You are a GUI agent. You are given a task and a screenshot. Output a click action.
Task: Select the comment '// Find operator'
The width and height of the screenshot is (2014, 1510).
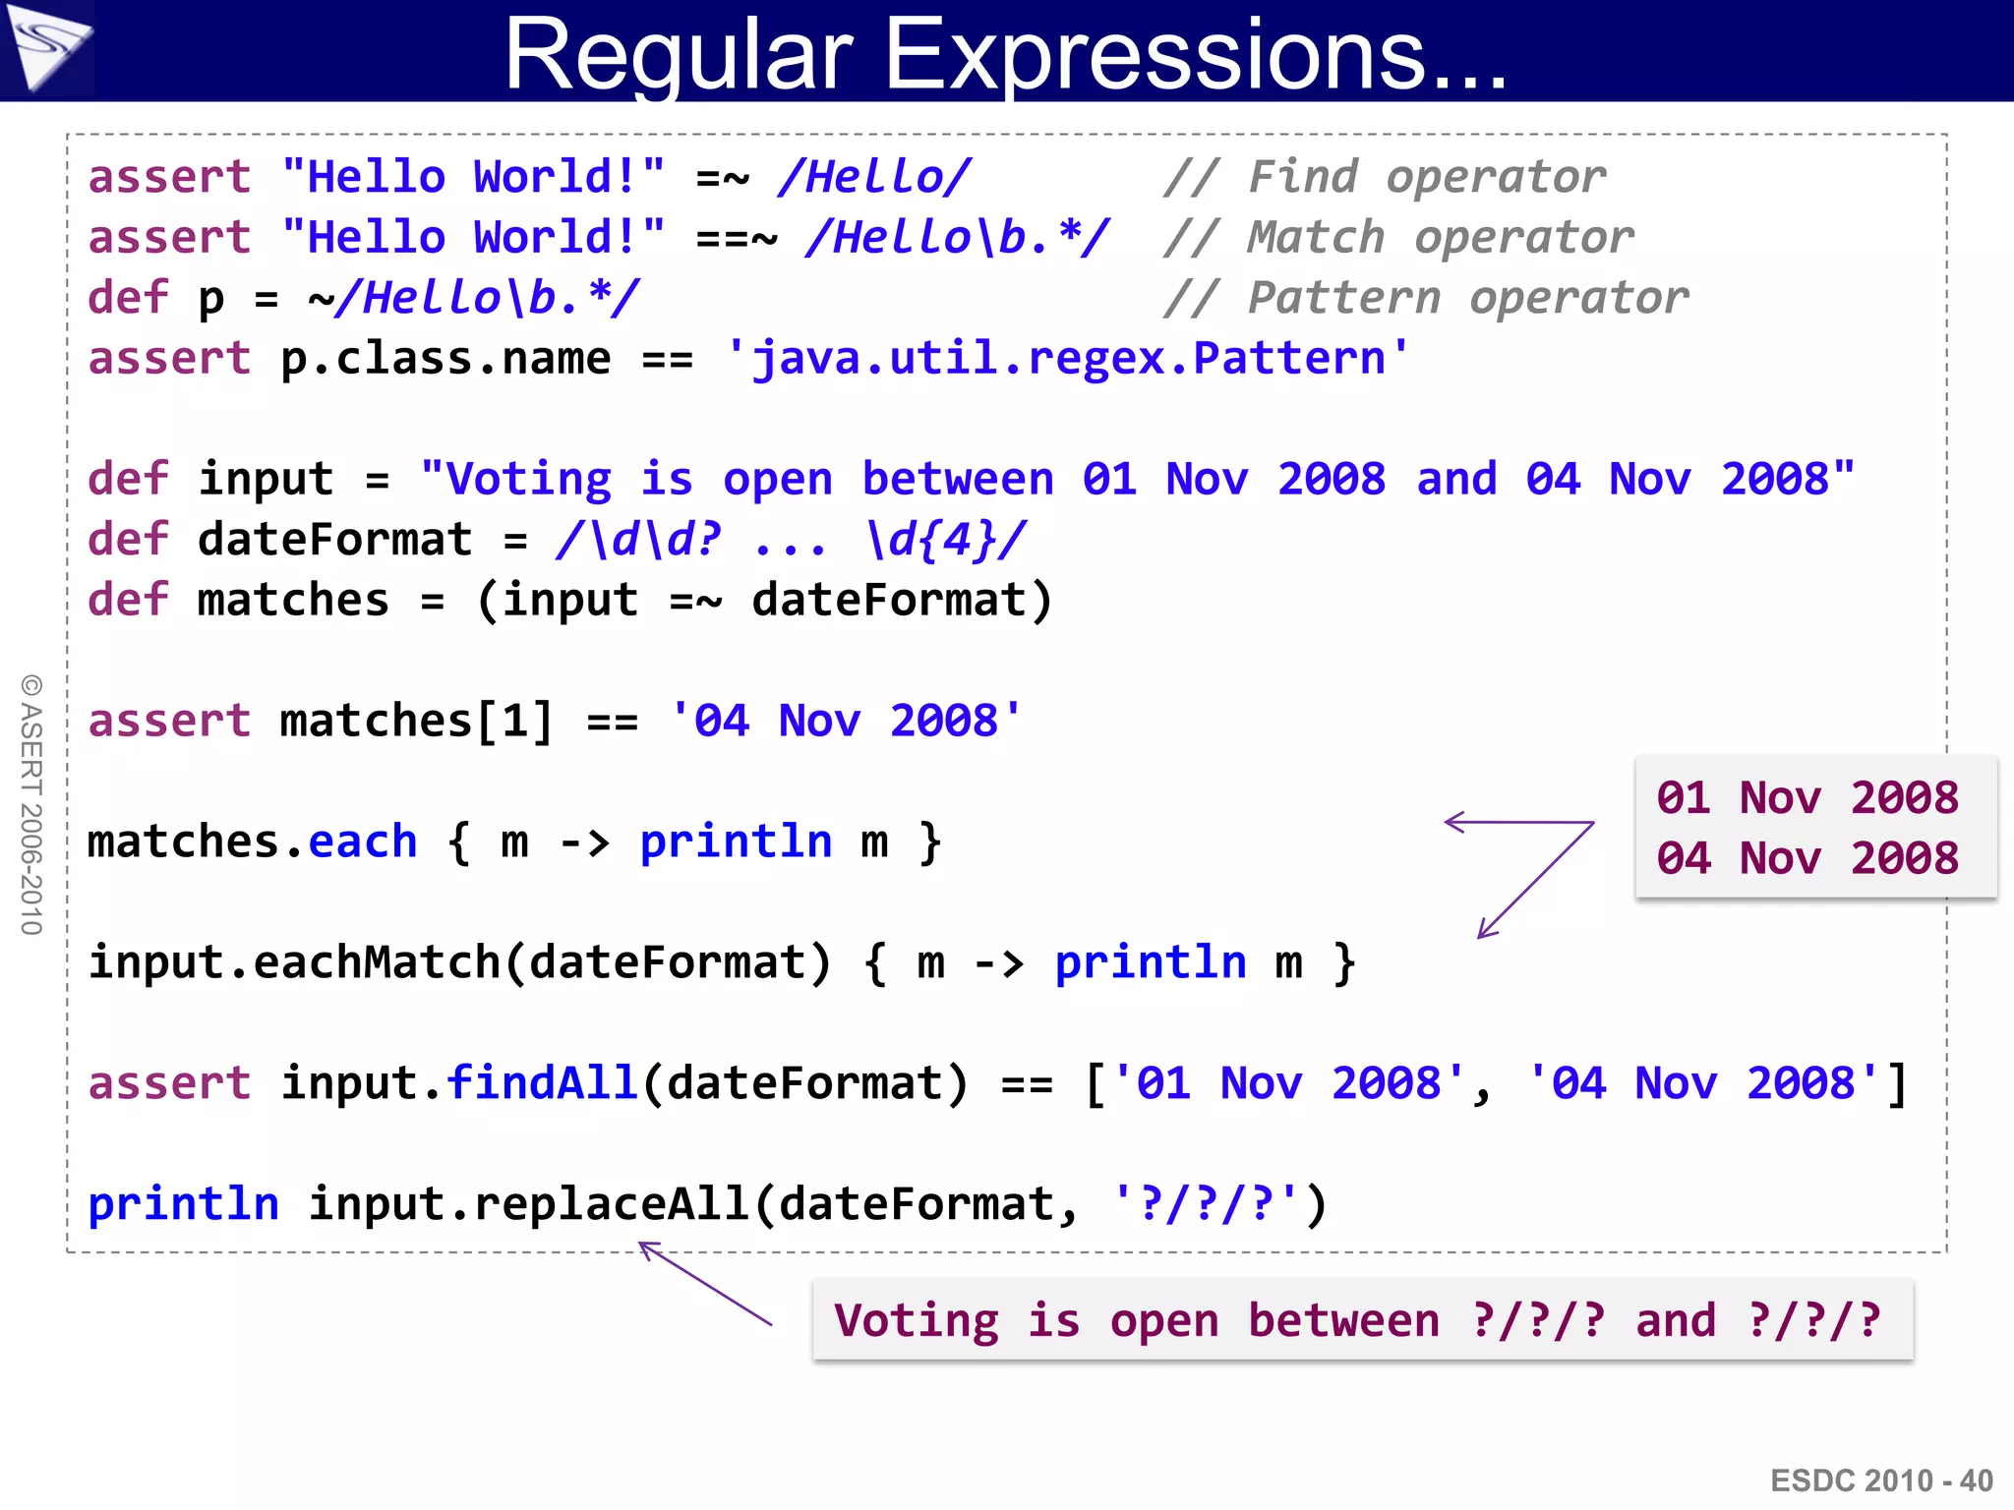pos(1384,178)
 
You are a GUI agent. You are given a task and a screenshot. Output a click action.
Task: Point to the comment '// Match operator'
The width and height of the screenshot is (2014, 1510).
pos(1397,238)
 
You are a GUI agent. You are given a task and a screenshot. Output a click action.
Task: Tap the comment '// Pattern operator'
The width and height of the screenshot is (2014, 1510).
pos(1425,298)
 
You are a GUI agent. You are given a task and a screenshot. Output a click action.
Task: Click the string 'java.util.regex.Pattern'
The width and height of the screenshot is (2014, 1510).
pos(1068,359)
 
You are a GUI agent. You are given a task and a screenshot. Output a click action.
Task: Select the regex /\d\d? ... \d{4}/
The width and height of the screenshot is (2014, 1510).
pos(791,540)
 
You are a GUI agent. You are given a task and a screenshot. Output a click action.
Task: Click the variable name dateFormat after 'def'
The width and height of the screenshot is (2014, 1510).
pos(334,540)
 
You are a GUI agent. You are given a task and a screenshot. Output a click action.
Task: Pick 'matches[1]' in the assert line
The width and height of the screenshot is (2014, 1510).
pos(416,722)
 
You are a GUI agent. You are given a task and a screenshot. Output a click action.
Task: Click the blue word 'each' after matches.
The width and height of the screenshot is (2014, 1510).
pos(363,842)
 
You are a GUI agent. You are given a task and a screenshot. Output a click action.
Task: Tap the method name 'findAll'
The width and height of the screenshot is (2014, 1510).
pos(542,1083)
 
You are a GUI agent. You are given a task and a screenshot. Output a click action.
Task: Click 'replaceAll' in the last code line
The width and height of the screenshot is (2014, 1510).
pos(612,1204)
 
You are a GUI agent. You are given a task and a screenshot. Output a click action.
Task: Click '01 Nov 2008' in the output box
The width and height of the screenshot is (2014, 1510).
pos(1807,797)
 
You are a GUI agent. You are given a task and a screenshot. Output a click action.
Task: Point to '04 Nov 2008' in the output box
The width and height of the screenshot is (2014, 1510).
pos(1807,858)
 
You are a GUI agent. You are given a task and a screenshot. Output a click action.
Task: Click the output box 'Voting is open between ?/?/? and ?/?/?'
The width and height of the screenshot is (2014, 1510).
pos(1362,1320)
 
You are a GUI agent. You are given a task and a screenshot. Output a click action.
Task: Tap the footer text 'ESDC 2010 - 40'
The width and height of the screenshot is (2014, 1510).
pos(1881,1481)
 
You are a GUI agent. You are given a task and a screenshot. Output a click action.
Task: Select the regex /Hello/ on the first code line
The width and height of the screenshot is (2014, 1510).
pos(873,178)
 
